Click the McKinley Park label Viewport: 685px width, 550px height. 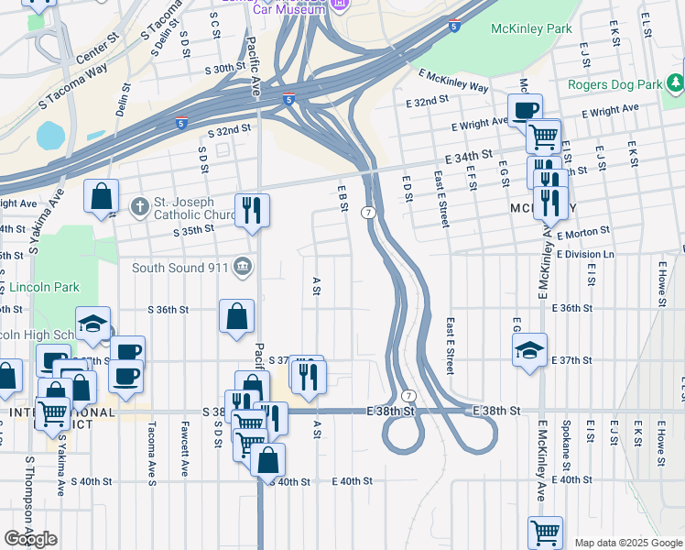tap(531, 29)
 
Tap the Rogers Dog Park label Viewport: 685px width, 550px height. tap(614, 85)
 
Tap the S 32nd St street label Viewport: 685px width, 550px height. tap(229, 130)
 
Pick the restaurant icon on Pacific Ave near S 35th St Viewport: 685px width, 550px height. tap(252, 210)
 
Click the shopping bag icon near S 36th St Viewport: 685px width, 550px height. tap(236, 316)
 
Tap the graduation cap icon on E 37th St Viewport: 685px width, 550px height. tap(529, 350)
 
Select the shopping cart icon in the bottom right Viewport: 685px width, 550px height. tap(545, 532)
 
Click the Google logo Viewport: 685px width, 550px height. tap(30, 539)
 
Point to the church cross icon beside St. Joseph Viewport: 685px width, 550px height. tap(138, 205)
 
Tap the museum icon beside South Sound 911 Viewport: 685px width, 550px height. tap(241, 267)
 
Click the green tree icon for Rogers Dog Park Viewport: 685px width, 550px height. tap(675, 84)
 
